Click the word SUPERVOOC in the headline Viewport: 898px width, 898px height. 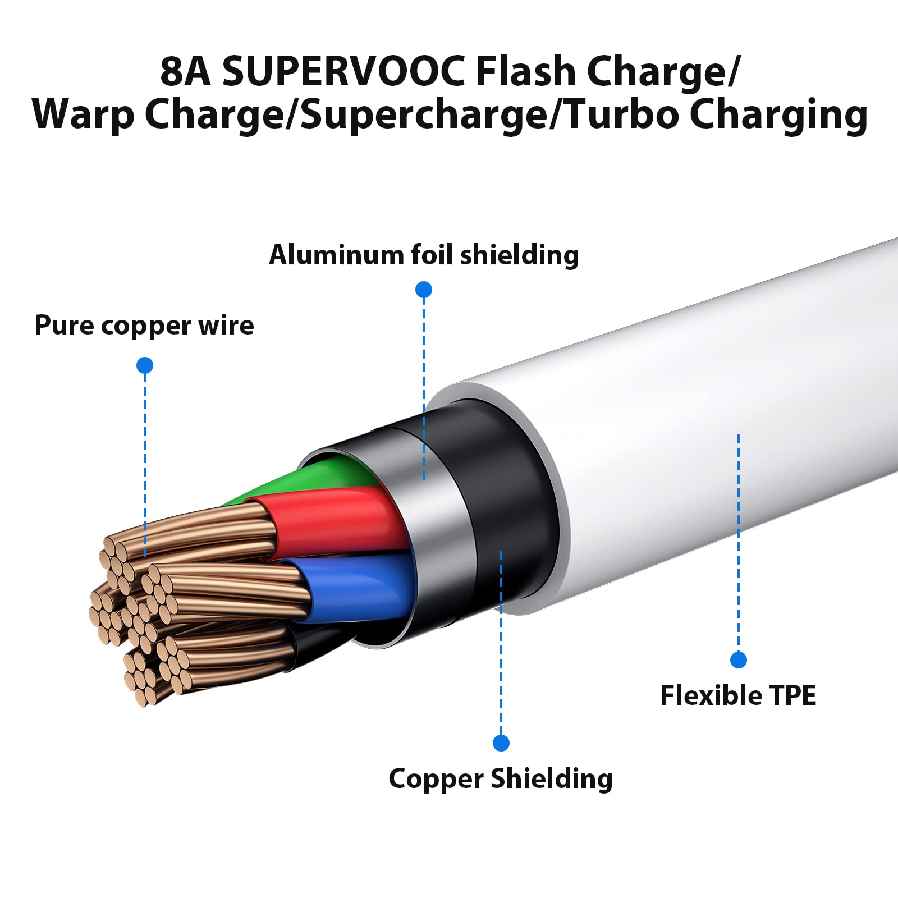point(343,72)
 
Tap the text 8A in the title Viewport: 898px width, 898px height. point(185,72)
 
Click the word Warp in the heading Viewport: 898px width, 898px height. point(83,114)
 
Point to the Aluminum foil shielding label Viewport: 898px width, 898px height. point(424,255)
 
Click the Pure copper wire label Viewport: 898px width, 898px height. point(144,325)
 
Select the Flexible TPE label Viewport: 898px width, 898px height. point(738,695)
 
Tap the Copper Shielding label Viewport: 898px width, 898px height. point(501,778)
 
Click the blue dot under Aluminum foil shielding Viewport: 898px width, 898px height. point(424,290)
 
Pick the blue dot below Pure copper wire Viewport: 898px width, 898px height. point(145,365)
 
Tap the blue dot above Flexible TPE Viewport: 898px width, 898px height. point(739,660)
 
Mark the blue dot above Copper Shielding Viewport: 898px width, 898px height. point(501,743)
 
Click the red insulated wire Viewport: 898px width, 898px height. point(337,519)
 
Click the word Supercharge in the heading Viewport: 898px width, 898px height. point(424,114)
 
